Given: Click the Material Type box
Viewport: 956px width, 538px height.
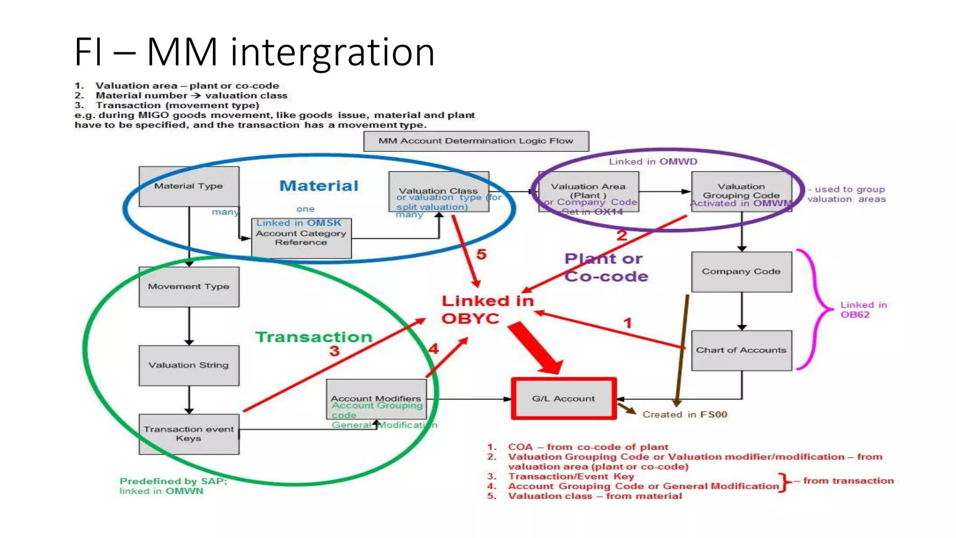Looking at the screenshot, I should (189, 186).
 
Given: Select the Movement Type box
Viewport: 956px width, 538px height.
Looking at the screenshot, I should (189, 287).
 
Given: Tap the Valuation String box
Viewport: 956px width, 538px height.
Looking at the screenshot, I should (189, 365).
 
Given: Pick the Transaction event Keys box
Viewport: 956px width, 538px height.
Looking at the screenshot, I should (189, 434).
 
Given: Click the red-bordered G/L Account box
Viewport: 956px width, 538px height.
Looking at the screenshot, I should (563, 399).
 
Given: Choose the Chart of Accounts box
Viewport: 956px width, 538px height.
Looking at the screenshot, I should (741, 350).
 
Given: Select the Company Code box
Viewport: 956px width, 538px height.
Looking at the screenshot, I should (741, 272).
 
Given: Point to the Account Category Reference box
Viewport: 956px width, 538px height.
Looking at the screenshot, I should (301, 238).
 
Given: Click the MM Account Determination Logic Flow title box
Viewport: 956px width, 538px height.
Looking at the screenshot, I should (476, 141).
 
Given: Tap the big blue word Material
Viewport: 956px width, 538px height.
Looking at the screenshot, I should (319, 186).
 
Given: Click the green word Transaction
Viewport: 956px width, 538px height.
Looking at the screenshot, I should (314, 337).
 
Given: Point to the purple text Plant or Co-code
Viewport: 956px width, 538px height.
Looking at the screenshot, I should (605, 268).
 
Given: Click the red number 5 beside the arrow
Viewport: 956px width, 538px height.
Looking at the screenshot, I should (481, 255).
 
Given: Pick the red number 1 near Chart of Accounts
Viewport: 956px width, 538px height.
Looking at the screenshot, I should (628, 323).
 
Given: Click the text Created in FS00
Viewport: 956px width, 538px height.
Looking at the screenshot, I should (684, 415).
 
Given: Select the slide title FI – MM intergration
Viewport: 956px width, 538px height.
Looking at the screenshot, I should (254, 52).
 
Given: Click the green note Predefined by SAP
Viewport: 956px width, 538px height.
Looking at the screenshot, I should (173, 486).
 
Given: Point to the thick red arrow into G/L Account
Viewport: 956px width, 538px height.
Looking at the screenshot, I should (537, 348).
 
